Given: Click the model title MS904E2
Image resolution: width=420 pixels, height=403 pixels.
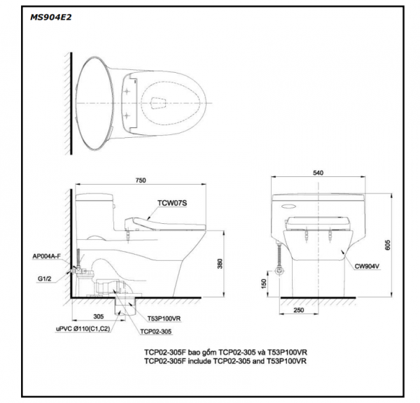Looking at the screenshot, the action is (51, 17).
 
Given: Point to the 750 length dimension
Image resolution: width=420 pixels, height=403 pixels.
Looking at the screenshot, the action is (141, 181).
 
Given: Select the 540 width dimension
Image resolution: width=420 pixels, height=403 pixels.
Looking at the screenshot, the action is (318, 173).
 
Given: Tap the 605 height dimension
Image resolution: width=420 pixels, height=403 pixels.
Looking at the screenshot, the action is (388, 245).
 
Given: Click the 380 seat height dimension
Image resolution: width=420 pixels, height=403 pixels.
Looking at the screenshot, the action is (220, 264).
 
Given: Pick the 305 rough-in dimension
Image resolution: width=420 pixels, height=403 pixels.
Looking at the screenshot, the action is (98, 316).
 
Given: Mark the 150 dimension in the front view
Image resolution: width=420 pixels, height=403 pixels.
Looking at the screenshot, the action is (264, 284).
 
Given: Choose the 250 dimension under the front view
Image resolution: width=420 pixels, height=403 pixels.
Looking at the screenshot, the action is (299, 310).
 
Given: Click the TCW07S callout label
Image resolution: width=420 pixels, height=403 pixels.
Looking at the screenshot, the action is (172, 203).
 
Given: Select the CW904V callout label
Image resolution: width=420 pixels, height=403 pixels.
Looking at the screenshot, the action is (367, 267).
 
